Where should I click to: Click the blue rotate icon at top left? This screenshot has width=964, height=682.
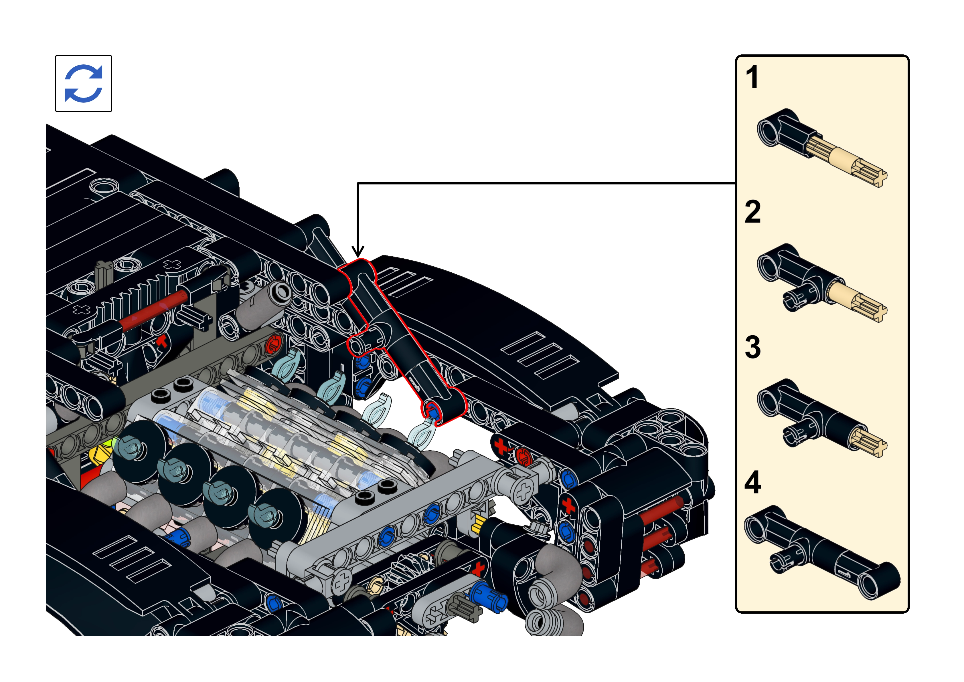point(84,83)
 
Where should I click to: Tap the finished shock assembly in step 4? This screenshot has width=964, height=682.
point(822,552)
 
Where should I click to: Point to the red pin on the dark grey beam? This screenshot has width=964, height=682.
point(274,344)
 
